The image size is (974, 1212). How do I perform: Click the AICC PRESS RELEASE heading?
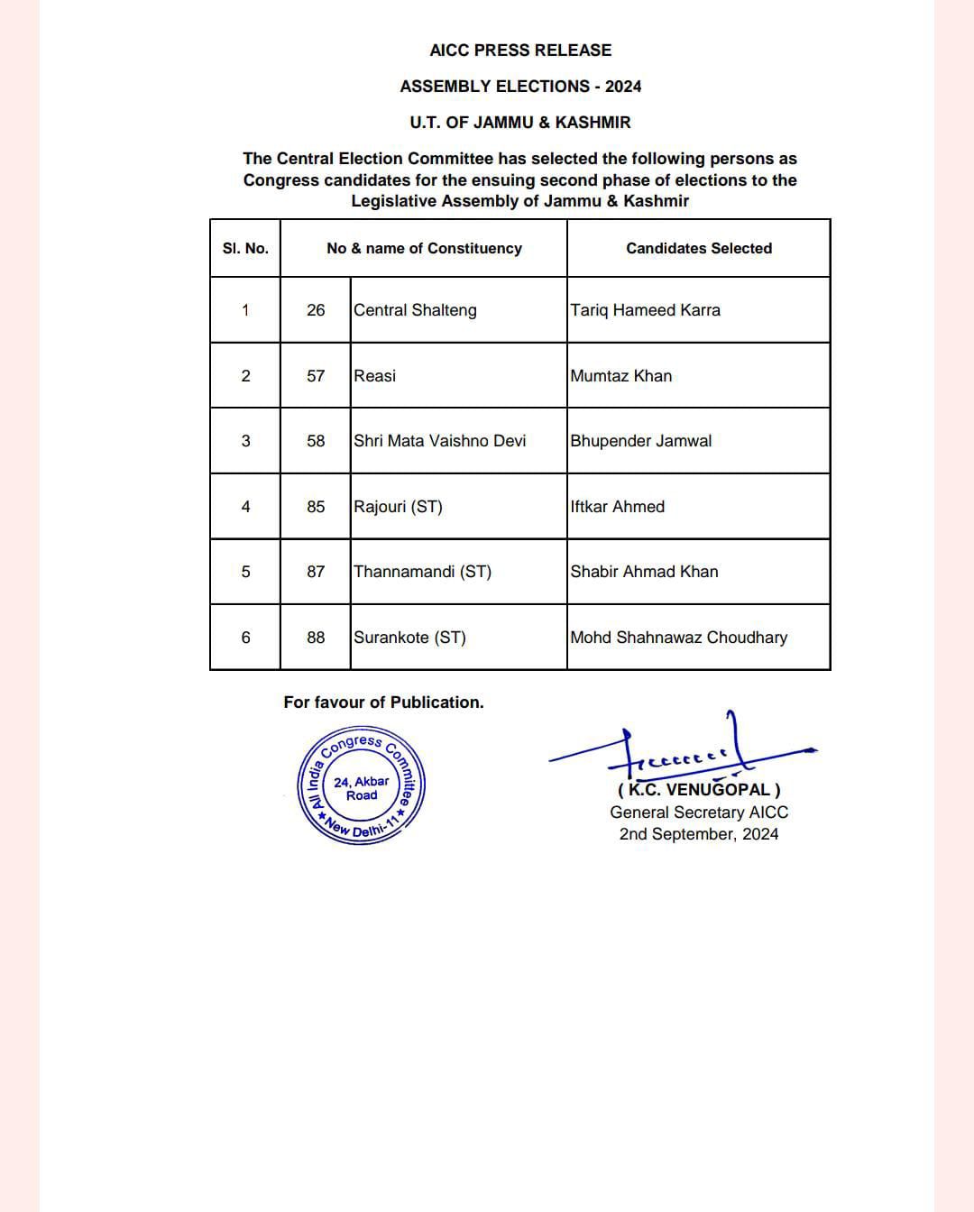[x=520, y=50]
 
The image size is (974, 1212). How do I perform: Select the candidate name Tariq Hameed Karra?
[x=645, y=310]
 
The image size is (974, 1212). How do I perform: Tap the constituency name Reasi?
[x=374, y=376]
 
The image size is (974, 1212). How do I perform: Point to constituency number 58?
[x=316, y=441]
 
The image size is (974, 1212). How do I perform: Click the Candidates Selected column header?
[x=699, y=248]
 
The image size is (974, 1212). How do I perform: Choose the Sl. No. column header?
[x=245, y=248]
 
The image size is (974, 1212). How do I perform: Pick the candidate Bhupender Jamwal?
[x=640, y=441]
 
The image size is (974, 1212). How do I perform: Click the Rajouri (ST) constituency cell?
[x=398, y=507]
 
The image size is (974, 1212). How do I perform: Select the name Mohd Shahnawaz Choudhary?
[x=678, y=638]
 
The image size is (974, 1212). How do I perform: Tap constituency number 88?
[x=316, y=638]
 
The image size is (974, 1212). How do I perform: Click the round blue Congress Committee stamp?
[x=361, y=785]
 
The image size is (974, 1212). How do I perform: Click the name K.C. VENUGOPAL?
[x=699, y=791]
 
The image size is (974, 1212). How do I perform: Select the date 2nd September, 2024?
[x=699, y=834]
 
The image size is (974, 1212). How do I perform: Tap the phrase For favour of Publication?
[x=383, y=702]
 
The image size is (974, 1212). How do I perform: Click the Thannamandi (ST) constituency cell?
[x=422, y=572]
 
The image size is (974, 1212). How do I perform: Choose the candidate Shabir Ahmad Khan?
[x=644, y=572]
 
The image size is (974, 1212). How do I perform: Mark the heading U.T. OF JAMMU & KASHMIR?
[x=520, y=123]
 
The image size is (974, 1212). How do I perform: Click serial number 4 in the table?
[x=245, y=507]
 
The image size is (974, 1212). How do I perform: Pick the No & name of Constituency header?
[x=424, y=248]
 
